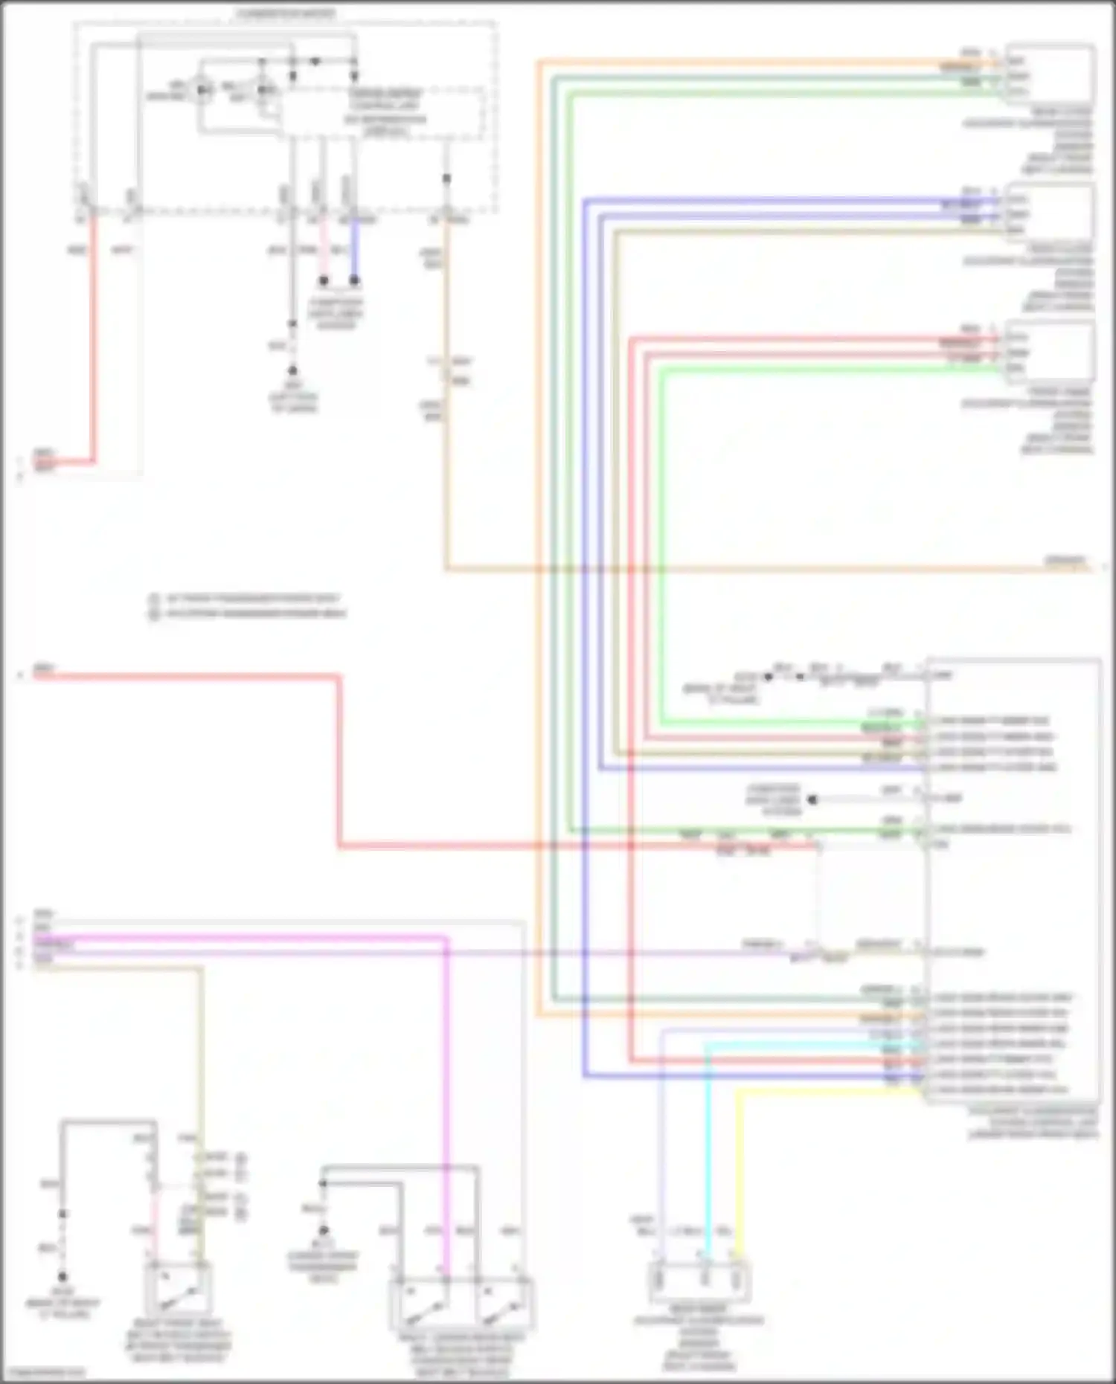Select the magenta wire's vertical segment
(446, 1101)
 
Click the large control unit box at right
(1012, 878)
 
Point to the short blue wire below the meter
(355, 249)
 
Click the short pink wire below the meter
(324, 249)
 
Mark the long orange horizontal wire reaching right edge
(744, 570)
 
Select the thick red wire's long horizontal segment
(580, 846)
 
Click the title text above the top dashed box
(286, 13)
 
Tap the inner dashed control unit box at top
(383, 112)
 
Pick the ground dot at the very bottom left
(63, 1276)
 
